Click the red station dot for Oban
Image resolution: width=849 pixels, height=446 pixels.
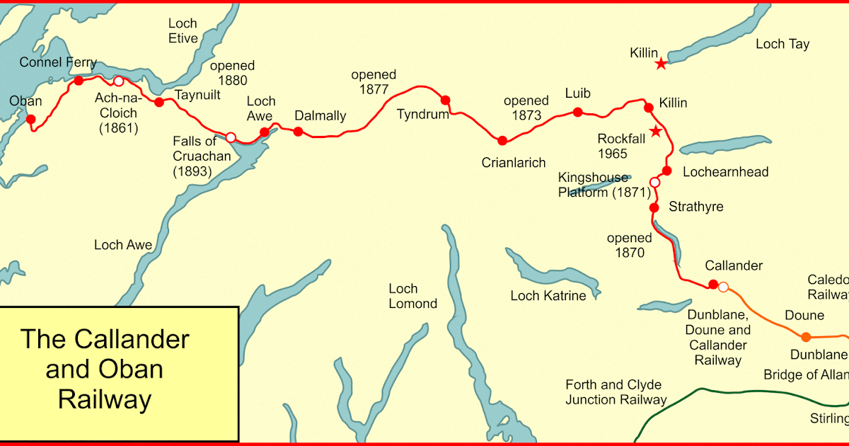pos(30,119)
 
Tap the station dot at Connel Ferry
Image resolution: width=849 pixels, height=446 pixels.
pos(79,81)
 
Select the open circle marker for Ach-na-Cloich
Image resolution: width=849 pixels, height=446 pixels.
pos(118,81)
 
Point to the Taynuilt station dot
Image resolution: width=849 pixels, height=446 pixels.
pos(159,103)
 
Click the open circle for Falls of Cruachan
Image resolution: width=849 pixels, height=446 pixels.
pos(230,137)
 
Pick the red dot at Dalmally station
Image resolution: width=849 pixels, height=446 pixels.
pos(298,131)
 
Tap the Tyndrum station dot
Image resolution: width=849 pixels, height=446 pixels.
pos(446,100)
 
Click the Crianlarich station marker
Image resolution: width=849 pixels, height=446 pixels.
pos(502,140)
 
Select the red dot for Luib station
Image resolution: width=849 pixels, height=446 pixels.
pos(578,112)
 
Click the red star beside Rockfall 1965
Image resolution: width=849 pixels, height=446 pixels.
pos(656,131)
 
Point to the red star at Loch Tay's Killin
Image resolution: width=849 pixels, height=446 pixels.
pos(660,64)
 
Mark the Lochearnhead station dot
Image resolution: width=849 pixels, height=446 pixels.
pos(666,171)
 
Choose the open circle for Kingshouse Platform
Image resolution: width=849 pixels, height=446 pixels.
pos(654,183)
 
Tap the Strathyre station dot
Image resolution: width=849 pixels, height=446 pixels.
pos(654,207)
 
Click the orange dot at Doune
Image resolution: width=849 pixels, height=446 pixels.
pos(806,337)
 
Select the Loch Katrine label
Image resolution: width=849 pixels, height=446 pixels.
pos(548,296)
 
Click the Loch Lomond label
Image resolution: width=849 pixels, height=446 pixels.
pos(413,296)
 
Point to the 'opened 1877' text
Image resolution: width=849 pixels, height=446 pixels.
pos(374,83)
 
